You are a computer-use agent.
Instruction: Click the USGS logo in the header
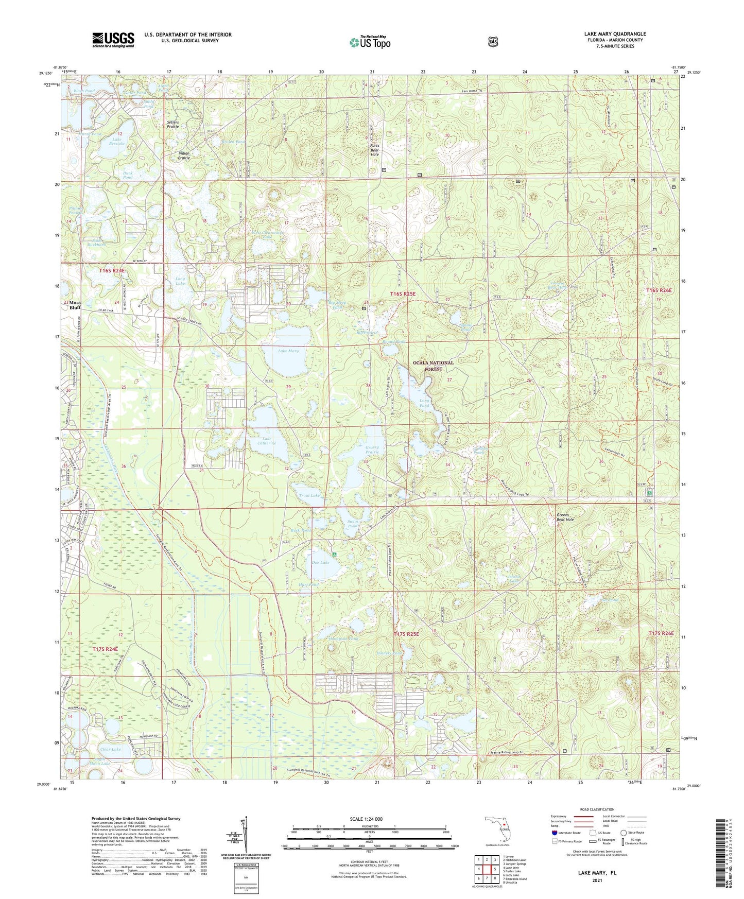[x=113, y=40]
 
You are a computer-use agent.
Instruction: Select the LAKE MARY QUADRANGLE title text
[x=615, y=34]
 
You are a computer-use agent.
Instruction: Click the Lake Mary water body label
[x=288, y=351]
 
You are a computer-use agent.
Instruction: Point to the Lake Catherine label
[x=267, y=441]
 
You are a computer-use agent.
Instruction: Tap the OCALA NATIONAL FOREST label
[x=433, y=366]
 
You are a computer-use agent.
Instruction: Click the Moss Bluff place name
[x=75, y=305]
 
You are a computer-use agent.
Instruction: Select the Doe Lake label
[x=320, y=562]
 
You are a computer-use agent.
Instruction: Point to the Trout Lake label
[x=309, y=495]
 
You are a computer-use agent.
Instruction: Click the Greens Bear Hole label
[x=565, y=517]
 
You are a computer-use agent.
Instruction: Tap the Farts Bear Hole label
[x=375, y=150]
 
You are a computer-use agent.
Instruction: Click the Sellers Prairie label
[x=172, y=124]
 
